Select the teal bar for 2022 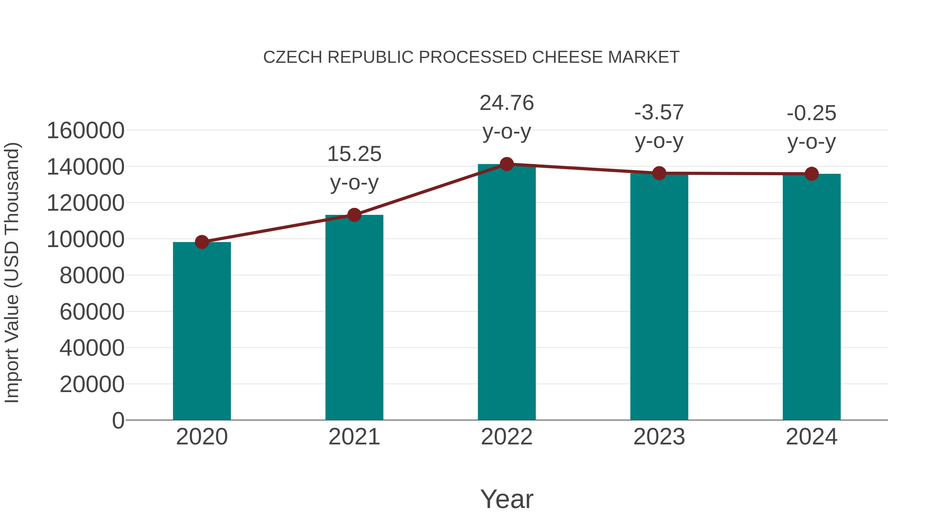point(507,293)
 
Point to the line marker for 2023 point(659,173)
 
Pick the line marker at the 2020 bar point(202,242)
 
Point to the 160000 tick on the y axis point(86,131)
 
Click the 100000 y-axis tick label point(86,239)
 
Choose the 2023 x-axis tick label point(659,437)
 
